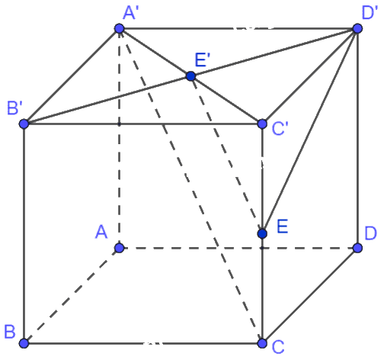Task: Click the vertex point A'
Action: click(x=120, y=28)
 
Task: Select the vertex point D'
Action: click(x=357, y=28)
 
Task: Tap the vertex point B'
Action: click(x=24, y=124)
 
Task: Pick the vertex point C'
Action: click(x=262, y=124)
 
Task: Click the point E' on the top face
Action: click(x=190, y=76)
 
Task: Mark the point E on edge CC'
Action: click(x=262, y=233)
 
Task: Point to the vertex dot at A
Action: click(x=120, y=248)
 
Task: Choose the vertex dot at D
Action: click(x=357, y=248)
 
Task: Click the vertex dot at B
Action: click(x=24, y=343)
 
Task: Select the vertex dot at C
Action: click(x=262, y=343)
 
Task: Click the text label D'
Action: click(x=369, y=13)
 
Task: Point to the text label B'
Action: click(x=13, y=108)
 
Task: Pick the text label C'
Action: click(x=280, y=129)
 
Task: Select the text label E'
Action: click(x=203, y=60)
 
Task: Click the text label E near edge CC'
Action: click(x=283, y=227)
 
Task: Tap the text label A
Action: click(x=101, y=232)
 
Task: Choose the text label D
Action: click(x=370, y=233)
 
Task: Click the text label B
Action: click(x=10, y=332)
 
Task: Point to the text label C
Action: click(x=278, y=347)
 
